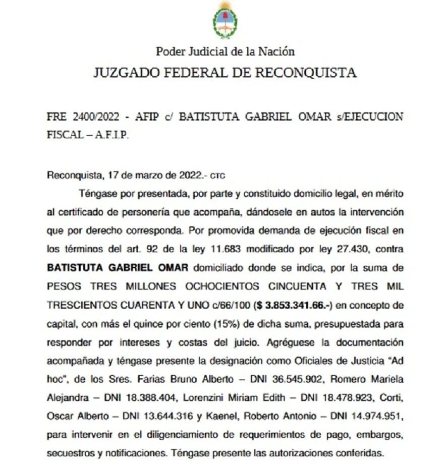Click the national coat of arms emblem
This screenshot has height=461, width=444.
coord(225,20)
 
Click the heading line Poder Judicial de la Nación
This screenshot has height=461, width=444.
coord(225,51)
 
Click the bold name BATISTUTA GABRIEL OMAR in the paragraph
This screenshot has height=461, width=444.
coord(117,267)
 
